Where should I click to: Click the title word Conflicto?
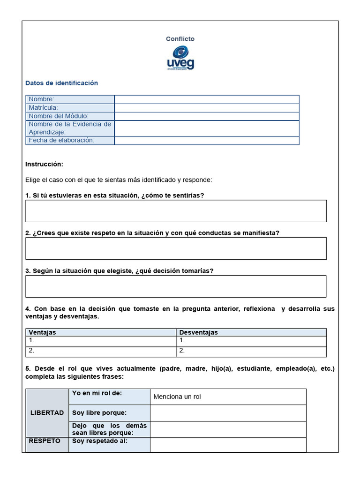[x=180, y=39]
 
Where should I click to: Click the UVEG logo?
[x=180, y=58]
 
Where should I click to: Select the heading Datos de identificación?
[x=61, y=83]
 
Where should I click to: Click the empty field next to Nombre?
[x=206, y=99]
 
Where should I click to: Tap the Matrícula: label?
[x=43, y=107]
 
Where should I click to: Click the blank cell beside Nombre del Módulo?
[x=206, y=116]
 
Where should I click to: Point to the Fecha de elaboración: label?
[x=61, y=140]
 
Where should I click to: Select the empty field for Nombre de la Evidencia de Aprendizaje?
[x=206, y=128]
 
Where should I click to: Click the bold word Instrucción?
[x=44, y=165]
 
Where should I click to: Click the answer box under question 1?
[x=176, y=211]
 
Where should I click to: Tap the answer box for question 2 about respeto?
[x=176, y=248]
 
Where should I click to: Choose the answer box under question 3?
[x=176, y=286]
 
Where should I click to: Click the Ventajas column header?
[x=42, y=332]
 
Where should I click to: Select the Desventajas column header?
[x=198, y=332]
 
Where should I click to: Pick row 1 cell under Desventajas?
[x=252, y=341]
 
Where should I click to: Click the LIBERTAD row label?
[x=47, y=413]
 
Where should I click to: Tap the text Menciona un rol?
[x=177, y=397]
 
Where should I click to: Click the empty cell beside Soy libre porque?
[x=228, y=413]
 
